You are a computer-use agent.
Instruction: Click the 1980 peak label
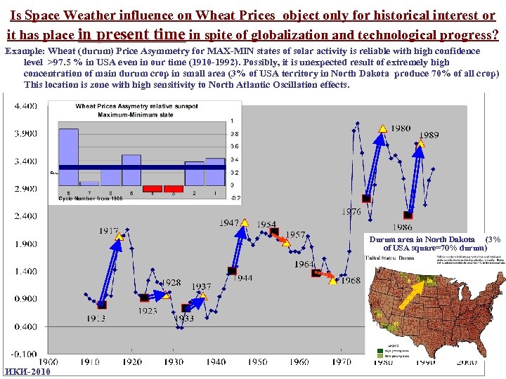401,128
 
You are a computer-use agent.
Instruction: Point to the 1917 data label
108,230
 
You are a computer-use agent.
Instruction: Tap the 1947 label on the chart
229,222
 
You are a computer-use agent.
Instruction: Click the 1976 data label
351,211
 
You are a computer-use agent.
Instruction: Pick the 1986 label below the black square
402,227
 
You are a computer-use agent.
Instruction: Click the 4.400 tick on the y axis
25,106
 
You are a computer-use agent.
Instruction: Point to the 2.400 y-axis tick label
25,216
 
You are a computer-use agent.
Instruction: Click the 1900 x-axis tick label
48,362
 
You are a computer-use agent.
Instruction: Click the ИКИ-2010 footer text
27,371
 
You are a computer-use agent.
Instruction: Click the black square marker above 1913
102,305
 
